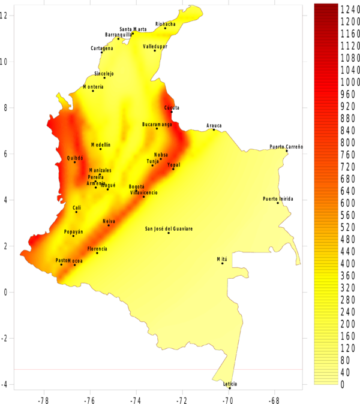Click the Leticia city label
[230, 384]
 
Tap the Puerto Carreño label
[286, 147]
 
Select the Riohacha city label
[166, 24]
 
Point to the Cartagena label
[101, 49]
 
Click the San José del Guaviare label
[169, 228]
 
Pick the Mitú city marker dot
[222, 263]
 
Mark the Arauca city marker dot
[214, 129]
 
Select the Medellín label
[101, 145]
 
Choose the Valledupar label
[155, 46]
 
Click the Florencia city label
[97, 249]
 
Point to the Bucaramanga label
[157, 125]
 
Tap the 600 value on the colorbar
[349, 203]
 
